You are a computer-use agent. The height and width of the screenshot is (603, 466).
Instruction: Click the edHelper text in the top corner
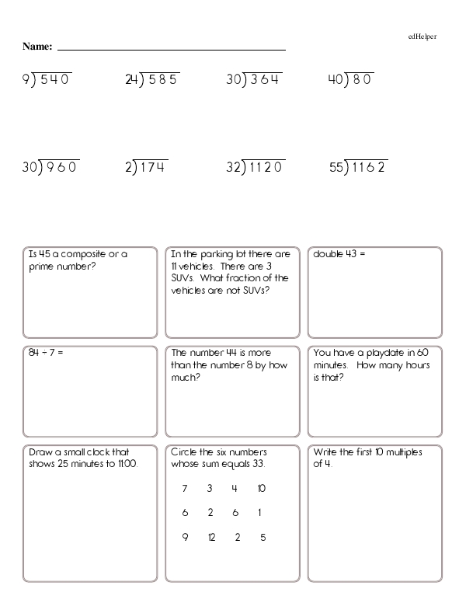(422, 36)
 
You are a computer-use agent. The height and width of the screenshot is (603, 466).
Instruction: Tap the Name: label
(37, 47)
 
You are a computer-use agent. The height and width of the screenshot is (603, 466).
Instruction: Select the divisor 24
(130, 78)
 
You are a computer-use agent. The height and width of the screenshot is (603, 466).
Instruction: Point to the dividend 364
(265, 78)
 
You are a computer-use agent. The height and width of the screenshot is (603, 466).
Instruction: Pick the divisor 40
(336, 78)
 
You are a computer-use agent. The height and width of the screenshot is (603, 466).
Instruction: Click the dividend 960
(62, 166)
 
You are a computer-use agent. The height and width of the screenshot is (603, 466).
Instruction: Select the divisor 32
(234, 166)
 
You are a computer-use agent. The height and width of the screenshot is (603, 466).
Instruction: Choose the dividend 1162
(370, 166)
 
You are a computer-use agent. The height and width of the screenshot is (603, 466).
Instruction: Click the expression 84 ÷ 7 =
(45, 353)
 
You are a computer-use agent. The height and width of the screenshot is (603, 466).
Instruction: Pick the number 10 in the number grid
(261, 489)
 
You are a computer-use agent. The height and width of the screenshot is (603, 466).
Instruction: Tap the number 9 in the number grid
(185, 537)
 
